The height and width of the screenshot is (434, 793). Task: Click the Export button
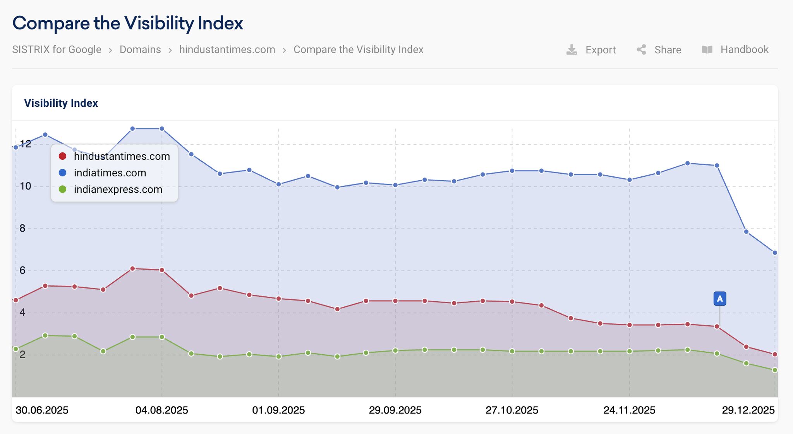(x=591, y=50)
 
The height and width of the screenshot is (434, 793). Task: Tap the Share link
(x=659, y=50)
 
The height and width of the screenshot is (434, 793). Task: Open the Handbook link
(x=735, y=50)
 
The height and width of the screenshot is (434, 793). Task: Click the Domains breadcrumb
(x=140, y=50)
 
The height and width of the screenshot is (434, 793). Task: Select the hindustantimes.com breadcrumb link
(x=227, y=50)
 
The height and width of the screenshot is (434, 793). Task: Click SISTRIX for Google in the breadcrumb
(x=57, y=50)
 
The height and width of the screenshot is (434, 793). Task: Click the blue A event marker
(x=719, y=299)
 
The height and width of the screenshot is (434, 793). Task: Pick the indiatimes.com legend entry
(x=110, y=173)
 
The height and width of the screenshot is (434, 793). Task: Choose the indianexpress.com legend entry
(x=118, y=190)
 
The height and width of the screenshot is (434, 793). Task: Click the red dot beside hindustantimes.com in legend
(x=62, y=156)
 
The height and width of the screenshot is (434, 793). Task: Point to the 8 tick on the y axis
(x=22, y=228)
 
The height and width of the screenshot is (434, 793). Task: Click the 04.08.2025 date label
(x=161, y=410)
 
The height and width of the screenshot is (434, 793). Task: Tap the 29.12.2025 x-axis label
(x=748, y=410)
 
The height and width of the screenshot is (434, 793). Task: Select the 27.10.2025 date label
(x=512, y=410)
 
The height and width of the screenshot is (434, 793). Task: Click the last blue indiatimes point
(x=775, y=253)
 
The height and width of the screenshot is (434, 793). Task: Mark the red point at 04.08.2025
(x=162, y=270)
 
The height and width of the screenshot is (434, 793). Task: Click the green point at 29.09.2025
(x=395, y=350)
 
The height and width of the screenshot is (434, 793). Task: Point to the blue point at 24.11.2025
(x=629, y=180)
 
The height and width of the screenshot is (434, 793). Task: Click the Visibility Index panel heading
(x=61, y=103)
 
